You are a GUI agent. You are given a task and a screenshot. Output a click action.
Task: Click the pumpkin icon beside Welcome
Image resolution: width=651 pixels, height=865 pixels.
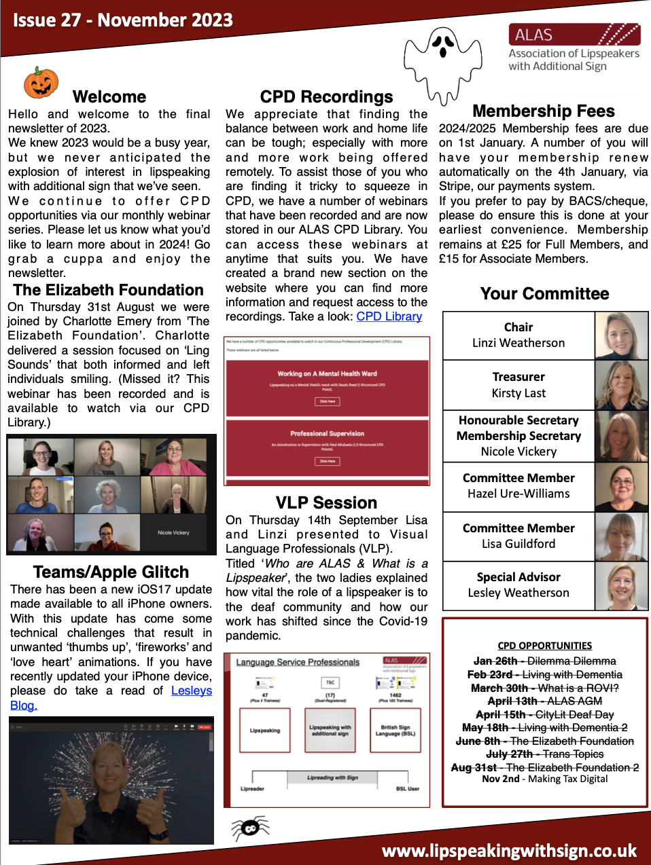(41, 83)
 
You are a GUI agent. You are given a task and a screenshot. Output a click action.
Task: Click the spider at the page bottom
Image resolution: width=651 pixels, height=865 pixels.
(249, 828)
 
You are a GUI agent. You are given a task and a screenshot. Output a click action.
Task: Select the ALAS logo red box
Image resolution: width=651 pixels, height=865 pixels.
(574, 35)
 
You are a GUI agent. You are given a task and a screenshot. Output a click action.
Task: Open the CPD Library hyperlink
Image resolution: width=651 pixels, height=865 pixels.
(389, 316)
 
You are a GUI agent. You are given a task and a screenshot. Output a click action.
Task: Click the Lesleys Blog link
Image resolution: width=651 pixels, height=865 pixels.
(191, 691)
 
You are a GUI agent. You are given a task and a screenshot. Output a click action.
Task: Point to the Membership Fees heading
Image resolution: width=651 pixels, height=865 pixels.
(543, 111)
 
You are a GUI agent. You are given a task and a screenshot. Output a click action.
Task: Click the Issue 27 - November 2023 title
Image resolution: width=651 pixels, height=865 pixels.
(123, 20)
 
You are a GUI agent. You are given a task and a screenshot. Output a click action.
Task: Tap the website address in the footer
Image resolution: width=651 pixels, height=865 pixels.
(509, 851)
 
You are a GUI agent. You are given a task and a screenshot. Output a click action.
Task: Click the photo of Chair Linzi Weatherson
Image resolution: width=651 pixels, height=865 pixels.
(621, 335)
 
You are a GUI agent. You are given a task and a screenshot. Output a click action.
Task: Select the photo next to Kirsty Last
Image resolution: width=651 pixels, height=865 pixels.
(621, 385)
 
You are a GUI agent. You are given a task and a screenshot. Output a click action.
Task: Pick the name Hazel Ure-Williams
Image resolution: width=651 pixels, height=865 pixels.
(518, 494)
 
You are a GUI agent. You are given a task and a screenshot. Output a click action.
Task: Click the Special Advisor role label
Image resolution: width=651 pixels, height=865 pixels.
(518, 577)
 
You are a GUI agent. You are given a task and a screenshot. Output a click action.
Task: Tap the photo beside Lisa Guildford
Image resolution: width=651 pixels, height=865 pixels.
(621, 536)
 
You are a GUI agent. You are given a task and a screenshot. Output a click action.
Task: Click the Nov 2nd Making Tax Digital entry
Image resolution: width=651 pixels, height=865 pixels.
(544, 779)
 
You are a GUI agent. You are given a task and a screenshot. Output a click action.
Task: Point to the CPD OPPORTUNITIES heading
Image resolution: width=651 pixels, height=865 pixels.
(544, 646)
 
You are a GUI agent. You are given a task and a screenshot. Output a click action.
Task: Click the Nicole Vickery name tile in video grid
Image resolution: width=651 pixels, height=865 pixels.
(173, 532)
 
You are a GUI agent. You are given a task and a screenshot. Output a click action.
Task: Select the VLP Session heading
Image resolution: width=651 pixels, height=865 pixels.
(326, 502)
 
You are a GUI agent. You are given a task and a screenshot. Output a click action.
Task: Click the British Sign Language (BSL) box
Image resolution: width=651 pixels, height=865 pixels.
(395, 731)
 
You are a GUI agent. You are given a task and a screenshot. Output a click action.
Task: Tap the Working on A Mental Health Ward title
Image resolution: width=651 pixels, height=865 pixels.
(327, 373)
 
